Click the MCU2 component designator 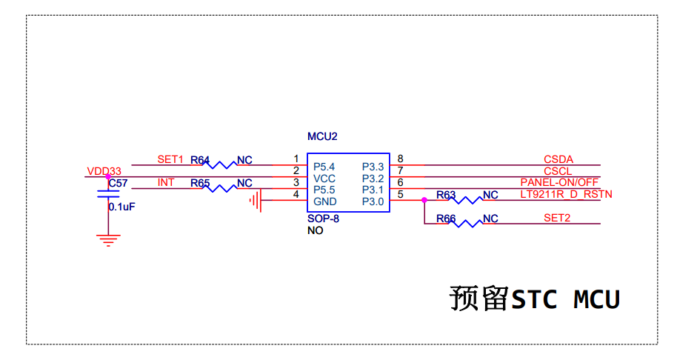(322, 137)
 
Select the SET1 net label (170, 159)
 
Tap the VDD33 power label (104, 171)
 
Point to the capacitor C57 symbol (109, 194)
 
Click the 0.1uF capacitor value (121, 207)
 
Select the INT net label (166, 182)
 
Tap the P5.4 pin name (324, 167)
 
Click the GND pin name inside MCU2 (324, 201)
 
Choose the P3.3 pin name (373, 167)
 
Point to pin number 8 (400, 159)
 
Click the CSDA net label (558, 159)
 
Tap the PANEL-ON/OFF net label (559, 182)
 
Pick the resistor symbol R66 (466, 223)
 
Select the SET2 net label (557, 218)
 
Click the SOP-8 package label (323, 219)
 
